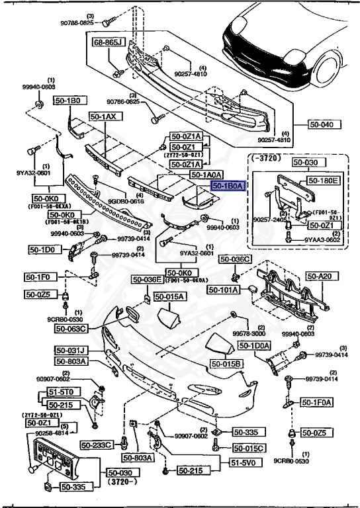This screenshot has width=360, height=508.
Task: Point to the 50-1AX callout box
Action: pyautogui.click(x=103, y=116)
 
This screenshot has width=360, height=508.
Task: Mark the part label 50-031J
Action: pyautogui.click(x=72, y=350)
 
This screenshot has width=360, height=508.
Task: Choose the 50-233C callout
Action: pyautogui.click(x=97, y=444)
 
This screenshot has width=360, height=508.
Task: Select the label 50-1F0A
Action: pyautogui.click(x=317, y=402)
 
